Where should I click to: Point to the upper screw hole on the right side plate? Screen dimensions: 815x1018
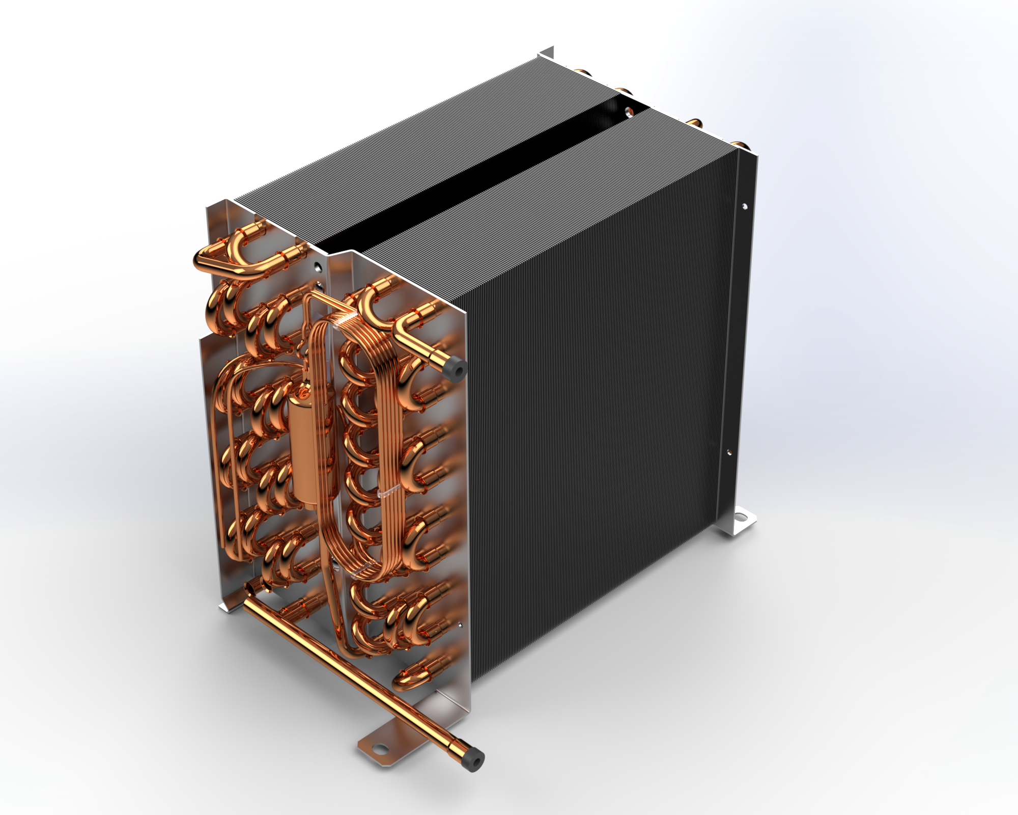pos(744,206)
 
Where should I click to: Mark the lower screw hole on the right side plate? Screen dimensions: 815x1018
pos(728,452)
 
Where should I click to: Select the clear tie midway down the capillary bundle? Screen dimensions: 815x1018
pos(387,492)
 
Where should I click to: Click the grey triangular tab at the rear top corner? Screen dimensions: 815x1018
pos(547,52)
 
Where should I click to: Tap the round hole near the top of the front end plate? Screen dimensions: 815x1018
pos(318,266)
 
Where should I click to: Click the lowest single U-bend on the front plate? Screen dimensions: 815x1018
pos(407,677)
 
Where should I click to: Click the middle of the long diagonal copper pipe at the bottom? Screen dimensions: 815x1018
pos(356,677)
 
